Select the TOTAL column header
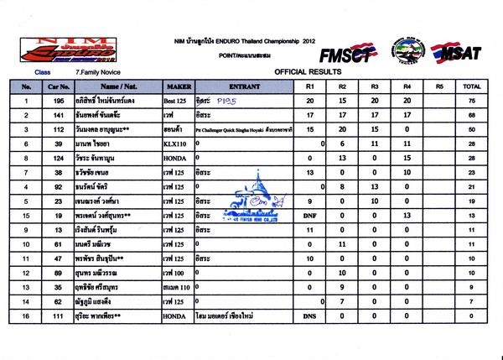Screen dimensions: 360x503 pos(471,86)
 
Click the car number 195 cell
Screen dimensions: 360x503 pos(59,100)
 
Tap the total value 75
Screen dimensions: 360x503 pos(471,100)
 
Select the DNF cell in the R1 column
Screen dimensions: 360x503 pos(309,216)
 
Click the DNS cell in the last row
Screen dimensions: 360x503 pos(309,316)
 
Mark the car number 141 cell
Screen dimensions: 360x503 pos(59,115)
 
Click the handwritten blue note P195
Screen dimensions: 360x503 pos(227,99)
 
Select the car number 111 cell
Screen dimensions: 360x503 pos(59,316)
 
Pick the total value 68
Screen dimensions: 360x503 pos(471,115)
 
